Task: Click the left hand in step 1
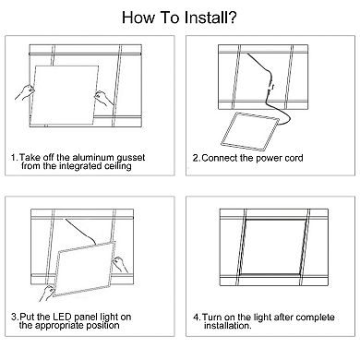tap(25, 92)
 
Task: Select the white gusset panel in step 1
tap(64, 95)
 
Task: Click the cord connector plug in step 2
tap(271, 86)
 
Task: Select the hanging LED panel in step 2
tap(249, 131)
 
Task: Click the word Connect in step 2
tap(220, 158)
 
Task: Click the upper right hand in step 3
tap(120, 264)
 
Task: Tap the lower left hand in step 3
tap(47, 293)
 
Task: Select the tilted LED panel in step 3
tap(85, 270)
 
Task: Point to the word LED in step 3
tap(63, 317)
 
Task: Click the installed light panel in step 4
tap(273, 246)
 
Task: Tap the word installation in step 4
tap(228, 326)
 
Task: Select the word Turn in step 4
tap(211, 317)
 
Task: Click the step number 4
tap(197, 317)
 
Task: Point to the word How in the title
tap(138, 18)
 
